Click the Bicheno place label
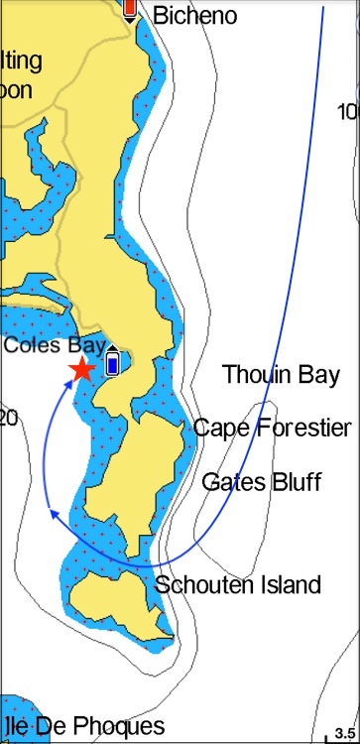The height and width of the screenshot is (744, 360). (195, 15)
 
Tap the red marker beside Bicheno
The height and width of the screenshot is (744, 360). (130, 9)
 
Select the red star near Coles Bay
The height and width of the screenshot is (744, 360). (81, 370)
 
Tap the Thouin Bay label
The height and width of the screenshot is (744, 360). (281, 374)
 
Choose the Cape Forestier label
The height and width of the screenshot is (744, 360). (272, 428)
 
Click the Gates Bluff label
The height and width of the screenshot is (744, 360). (262, 482)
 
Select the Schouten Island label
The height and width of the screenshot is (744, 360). (238, 584)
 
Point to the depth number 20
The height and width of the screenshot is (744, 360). (8, 419)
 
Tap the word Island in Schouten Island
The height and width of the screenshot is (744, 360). (289, 584)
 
